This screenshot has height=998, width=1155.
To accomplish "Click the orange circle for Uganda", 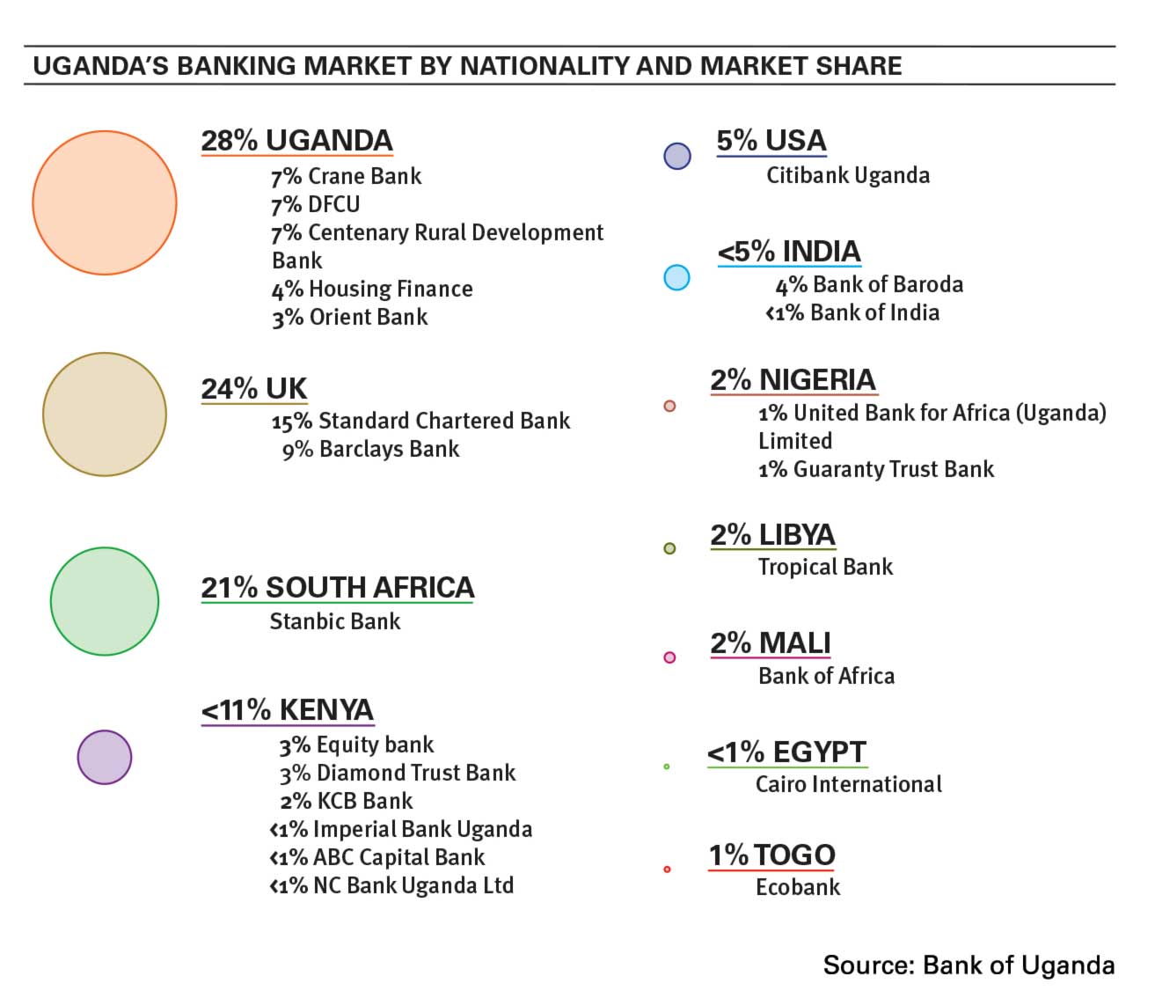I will [105, 202].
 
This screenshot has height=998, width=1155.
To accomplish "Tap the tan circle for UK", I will [105, 415].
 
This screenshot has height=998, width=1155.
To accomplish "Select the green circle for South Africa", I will [105, 601].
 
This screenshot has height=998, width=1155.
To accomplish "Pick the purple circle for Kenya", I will [105, 757].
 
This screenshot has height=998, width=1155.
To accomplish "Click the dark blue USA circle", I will [677, 156].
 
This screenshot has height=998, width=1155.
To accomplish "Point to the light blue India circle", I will [676, 278].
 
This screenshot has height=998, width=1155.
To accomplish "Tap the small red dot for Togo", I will [667, 870].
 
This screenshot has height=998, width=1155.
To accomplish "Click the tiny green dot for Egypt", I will [667, 767].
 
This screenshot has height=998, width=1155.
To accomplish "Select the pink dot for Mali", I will [669, 657].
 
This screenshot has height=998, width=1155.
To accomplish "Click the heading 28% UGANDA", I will [296, 141].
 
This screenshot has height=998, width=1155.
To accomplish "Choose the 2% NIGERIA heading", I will [793, 380].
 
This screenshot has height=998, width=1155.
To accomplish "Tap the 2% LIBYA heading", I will [772, 535].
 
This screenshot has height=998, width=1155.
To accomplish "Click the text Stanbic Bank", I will [334, 621].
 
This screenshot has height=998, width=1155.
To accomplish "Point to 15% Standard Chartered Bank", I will [420, 421].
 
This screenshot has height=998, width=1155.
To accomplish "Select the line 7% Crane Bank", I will [346, 176].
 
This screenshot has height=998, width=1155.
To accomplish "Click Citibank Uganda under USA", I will [847, 175].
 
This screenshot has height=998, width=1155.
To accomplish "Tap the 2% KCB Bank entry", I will [346, 801].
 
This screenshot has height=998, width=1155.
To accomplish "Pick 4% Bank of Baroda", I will [868, 284].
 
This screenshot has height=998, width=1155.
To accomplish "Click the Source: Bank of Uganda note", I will [969, 965].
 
